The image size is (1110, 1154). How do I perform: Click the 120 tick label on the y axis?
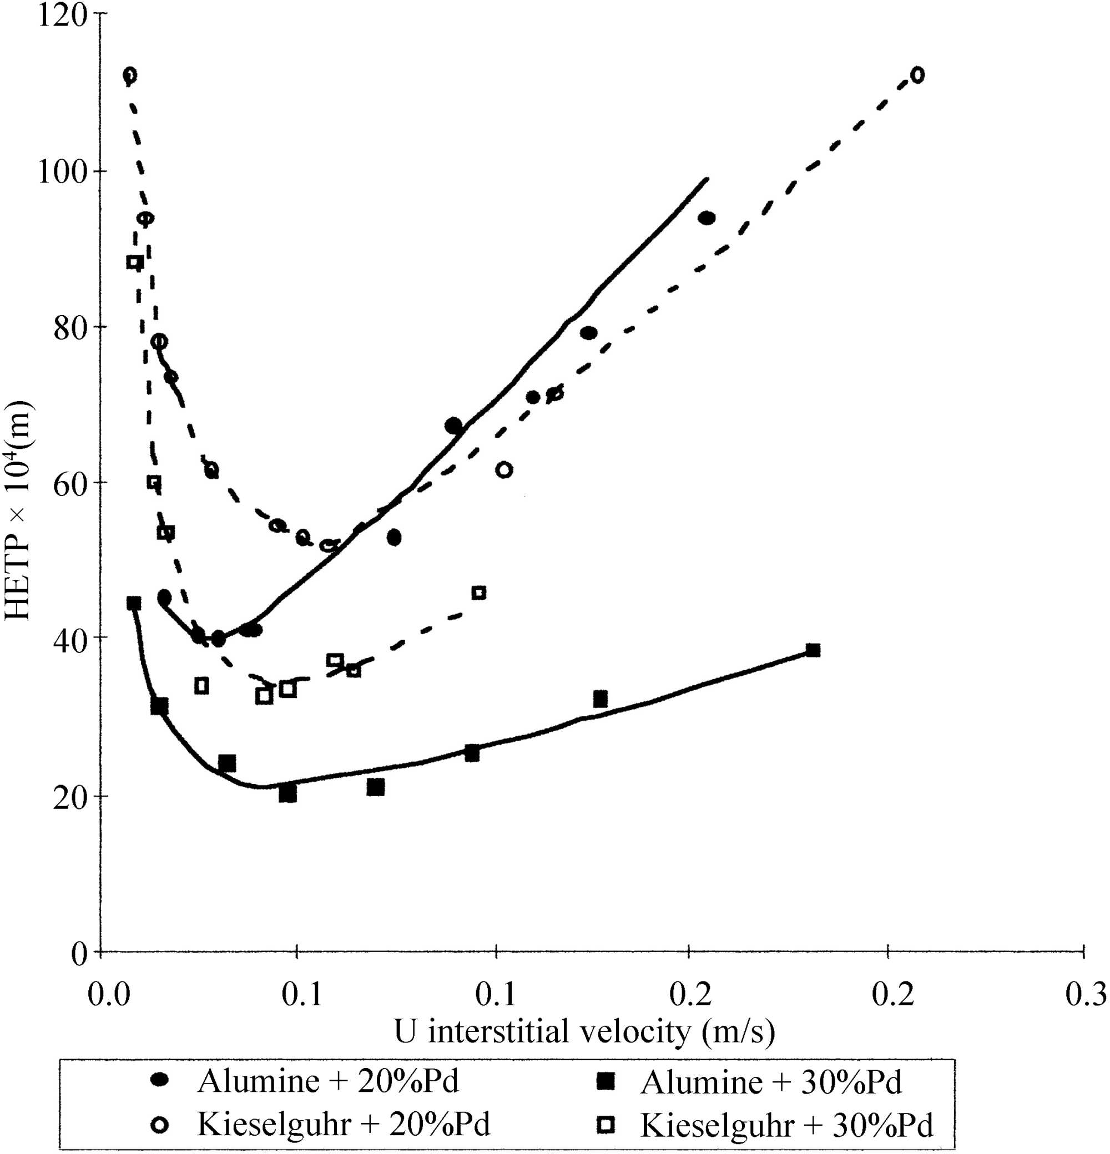pos(62,16)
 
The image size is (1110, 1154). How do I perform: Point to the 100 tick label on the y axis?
pos(62,172)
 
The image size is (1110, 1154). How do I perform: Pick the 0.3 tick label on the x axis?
pos(1085,994)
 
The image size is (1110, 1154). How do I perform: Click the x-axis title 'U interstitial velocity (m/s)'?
pos(584,1031)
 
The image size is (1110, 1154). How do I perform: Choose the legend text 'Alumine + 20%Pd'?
pos(327,1081)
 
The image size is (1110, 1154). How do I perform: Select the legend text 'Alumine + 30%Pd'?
pos(771,1082)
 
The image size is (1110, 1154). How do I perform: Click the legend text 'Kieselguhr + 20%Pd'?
pos(344,1125)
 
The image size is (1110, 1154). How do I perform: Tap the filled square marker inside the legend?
pos(605,1081)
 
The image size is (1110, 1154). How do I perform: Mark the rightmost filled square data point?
pos(813,651)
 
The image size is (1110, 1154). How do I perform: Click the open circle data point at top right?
pos(917,75)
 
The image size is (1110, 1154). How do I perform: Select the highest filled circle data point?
pos(707,219)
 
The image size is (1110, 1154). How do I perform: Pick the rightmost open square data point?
pos(479,593)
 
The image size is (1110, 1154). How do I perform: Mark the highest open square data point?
pos(135,262)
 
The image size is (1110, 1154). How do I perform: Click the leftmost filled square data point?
pos(134,604)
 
